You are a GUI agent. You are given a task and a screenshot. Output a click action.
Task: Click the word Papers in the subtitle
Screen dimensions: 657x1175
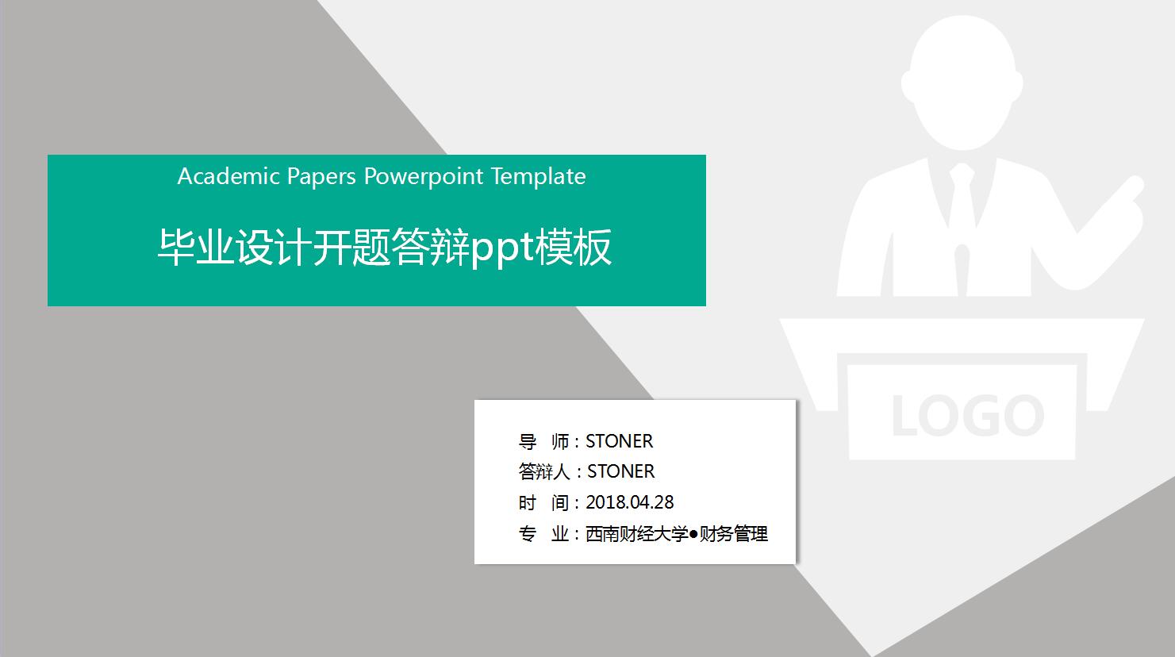pyautogui.click(x=322, y=176)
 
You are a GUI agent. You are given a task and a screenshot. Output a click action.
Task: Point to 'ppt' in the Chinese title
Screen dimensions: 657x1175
pyautogui.click(x=502, y=248)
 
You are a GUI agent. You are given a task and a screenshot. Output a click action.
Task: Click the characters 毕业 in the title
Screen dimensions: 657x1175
pyautogui.click(x=196, y=248)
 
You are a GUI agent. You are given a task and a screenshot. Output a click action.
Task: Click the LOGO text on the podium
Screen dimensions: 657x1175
pyautogui.click(x=966, y=415)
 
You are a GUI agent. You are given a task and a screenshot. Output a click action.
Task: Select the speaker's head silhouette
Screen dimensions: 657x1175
pyautogui.click(x=962, y=83)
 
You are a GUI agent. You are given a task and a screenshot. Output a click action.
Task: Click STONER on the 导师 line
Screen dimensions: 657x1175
pyautogui.click(x=619, y=441)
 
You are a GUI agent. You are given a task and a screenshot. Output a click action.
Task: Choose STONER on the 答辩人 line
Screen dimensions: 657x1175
pyautogui.click(x=620, y=471)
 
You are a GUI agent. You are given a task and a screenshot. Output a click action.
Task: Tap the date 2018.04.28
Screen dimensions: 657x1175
pyautogui.click(x=629, y=502)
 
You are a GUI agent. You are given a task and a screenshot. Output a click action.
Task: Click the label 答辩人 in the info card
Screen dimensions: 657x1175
pyautogui.click(x=544, y=471)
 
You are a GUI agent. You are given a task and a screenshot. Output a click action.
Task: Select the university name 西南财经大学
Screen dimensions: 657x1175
pyautogui.click(x=636, y=534)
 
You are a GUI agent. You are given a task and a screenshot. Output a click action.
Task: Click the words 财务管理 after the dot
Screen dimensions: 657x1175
pyautogui.click(x=733, y=534)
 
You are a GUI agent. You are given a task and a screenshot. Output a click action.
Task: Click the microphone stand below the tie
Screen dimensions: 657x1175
pyautogui.click(x=962, y=270)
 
